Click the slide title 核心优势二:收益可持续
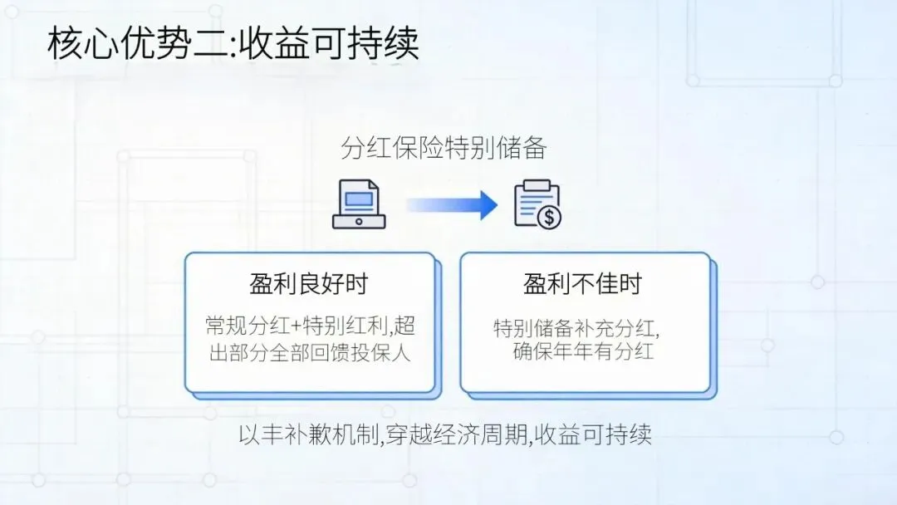click(x=233, y=43)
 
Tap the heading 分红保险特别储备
click(x=444, y=149)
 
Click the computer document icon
click(x=359, y=204)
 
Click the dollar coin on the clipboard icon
click(x=548, y=218)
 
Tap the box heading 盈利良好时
click(x=308, y=283)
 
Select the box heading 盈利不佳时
click(x=583, y=283)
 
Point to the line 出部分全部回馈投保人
click(x=308, y=351)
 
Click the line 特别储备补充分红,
click(x=582, y=326)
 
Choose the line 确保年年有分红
click(x=583, y=351)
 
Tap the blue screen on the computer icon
click(x=359, y=200)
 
